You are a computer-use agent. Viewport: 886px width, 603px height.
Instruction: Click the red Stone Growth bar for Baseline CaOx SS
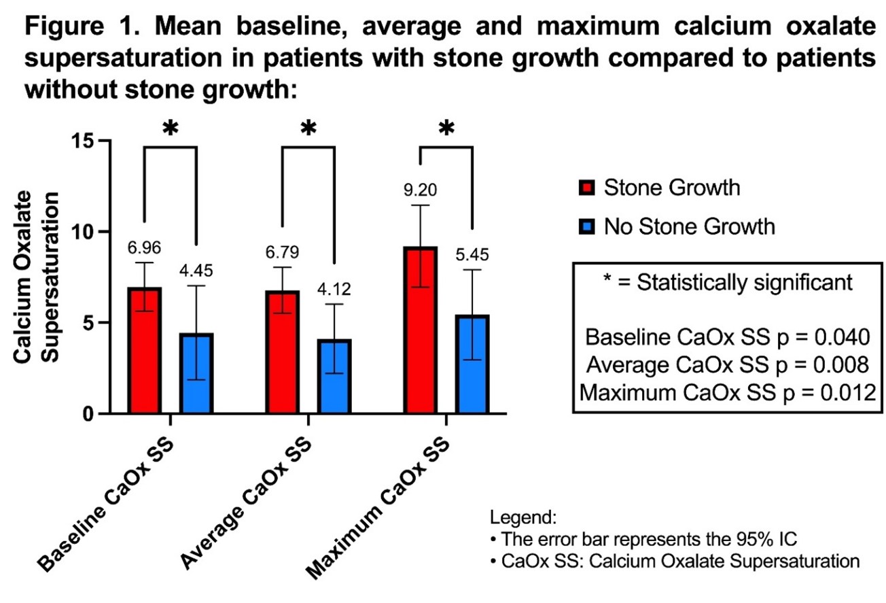tap(144, 351)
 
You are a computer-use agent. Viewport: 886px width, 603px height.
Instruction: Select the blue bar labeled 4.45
tap(197, 373)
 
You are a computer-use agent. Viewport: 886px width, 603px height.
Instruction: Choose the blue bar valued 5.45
tap(472, 364)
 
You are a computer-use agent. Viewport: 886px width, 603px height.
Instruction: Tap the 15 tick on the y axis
tap(85, 141)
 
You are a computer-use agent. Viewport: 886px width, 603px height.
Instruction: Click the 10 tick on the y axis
tap(85, 232)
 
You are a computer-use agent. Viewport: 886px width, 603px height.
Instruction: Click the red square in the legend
tap(588, 188)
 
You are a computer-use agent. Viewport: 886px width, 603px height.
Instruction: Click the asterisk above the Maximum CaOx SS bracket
tap(446, 128)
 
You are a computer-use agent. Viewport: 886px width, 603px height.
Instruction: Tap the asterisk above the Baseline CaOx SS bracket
tap(171, 128)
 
